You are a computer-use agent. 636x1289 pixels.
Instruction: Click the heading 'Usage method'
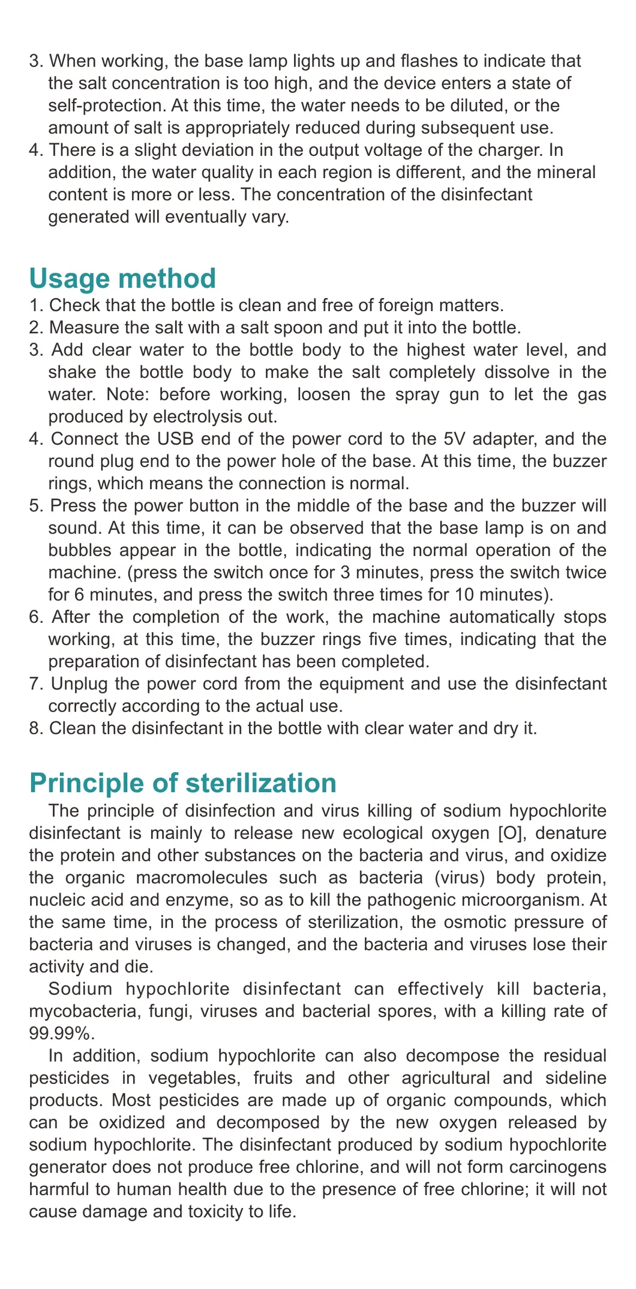pyautogui.click(x=122, y=278)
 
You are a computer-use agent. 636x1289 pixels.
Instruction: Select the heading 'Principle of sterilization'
pyautogui.click(x=183, y=783)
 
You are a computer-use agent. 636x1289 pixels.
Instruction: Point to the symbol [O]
pyautogui.click(x=512, y=833)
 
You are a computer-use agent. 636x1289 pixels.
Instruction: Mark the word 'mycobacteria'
pyautogui.click(x=74, y=1011)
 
